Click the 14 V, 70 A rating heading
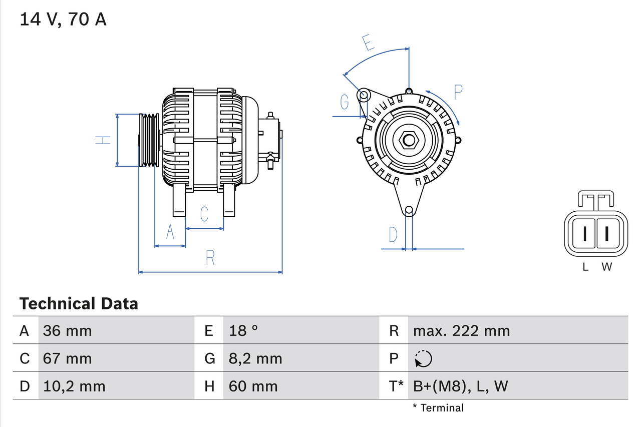coord(63,20)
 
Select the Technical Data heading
coord(79,303)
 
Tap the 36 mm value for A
coord(68,330)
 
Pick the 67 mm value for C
coord(68,358)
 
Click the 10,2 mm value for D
coord(74,386)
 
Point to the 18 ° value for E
coord(243,330)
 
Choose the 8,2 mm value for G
coord(255,358)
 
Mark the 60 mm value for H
coord(253,386)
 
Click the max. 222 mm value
coord(461,330)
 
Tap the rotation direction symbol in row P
coord(423,358)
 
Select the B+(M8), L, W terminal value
coord(460,386)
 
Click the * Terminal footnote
coord(438,407)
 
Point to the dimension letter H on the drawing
coord(103,140)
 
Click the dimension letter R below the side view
coord(210,258)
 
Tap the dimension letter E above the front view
coord(368,43)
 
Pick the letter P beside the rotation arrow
coord(458,92)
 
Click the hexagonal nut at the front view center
coord(409,140)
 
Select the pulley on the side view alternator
coord(148,140)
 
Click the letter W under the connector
coord(606,267)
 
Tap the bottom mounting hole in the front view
coord(409,210)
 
